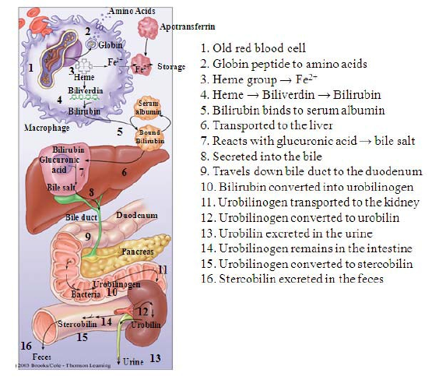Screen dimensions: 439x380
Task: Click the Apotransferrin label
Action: [x=188, y=27]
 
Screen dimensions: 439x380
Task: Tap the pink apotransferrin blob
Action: [x=148, y=28]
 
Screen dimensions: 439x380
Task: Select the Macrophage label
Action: [x=47, y=128]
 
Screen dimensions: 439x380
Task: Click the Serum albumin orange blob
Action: [x=148, y=107]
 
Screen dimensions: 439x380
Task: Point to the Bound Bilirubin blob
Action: [x=149, y=137]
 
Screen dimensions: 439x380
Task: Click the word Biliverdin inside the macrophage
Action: [x=86, y=91]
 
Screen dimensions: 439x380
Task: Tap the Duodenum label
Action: [x=137, y=216]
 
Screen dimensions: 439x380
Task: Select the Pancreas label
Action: [x=138, y=252]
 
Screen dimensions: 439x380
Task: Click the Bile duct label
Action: [x=82, y=217]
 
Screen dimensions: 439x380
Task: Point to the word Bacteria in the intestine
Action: [x=86, y=294]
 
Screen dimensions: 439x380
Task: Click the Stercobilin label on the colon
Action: [x=77, y=324]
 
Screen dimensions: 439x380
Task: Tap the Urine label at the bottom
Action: [x=133, y=362]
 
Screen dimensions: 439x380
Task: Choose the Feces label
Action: [x=42, y=357]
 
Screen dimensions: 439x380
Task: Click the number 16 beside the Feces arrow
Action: [x=26, y=346]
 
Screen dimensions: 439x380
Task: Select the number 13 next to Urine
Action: [x=155, y=358]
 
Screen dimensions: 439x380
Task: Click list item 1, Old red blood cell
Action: [x=253, y=48]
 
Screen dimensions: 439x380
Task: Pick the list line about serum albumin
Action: [x=293, y=111]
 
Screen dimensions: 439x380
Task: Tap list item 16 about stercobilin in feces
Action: [x=292, y=279]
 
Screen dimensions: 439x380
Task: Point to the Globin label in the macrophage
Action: [x=111, y=45]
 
